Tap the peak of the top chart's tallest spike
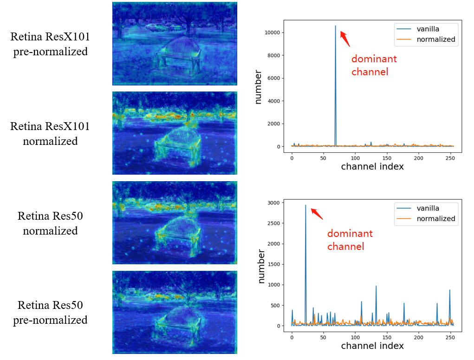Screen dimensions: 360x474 pyautogui.click(x=335, y=26)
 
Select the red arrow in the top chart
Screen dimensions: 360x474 pyautogui.click(x=345, y=38)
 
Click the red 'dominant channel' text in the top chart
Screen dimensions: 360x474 pyautogui.click(x=374, y=65)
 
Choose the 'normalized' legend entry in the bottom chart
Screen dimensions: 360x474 pyautogui.click(x=435, y=218)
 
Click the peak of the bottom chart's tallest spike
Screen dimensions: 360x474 pyautogui.click(x=305, y=205)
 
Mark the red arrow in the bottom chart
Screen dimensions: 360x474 pyautogui.click(x=317, y=213)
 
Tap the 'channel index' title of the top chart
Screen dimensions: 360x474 pyautogui.click(x=372, y=166)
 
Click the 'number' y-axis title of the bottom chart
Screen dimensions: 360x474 pyautogui.click(x=261, y=266)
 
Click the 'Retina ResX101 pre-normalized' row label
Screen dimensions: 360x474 pyautogui.click(x=50, y=44)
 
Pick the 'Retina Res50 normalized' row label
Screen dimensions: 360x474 pyautogui.click(x=50, y=223)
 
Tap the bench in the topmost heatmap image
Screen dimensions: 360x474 pyautogui.click(x=179, y=53)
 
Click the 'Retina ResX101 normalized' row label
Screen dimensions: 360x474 pyautogui.click(x=50, y=134)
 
